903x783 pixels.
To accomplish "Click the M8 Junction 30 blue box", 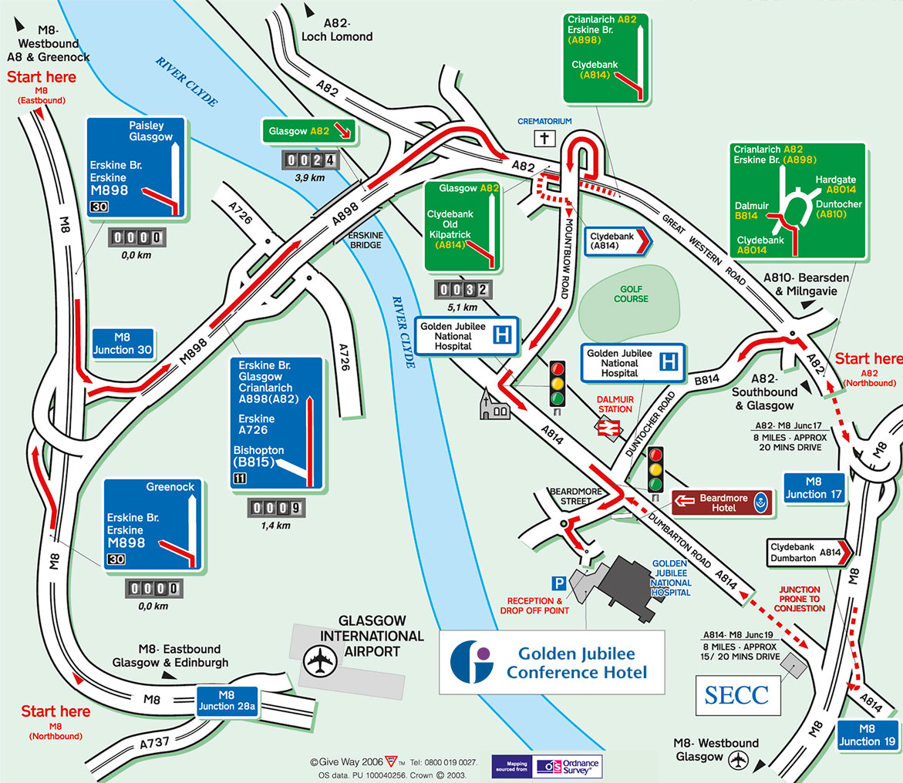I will pyautogui.click(x=124, y=344).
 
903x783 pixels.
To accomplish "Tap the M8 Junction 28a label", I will pyautogui.click(x=227, y=702).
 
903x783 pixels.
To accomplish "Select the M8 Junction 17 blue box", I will pyautogui.click(x=814, y=486).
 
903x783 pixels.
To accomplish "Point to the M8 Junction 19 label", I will pyautogui.click(x=868, y=735).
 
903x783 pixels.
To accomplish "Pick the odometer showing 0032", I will pyautogui.click(x=463, y=290).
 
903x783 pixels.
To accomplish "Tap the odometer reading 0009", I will pyautogui.click(x=275, y=508).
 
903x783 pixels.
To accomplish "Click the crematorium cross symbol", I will pyautogui.click(x=545, y=139).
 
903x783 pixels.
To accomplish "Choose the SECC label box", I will pyautogui.click(x=736, y=695).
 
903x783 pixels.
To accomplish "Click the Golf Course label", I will pyautogui.click(x=632, y=294).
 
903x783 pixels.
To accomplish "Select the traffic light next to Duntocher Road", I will pyautogui.click(x=656, y=470).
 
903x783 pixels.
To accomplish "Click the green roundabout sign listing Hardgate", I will pyautogui.click(x=797, y=200).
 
